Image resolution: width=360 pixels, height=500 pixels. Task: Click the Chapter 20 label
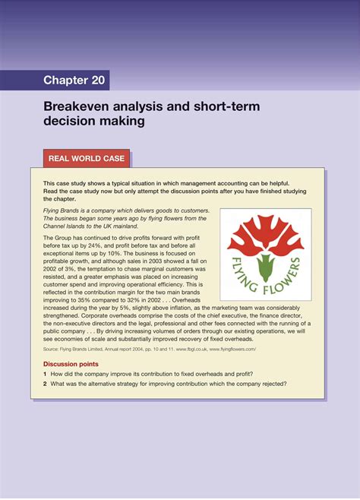tap(76, 81)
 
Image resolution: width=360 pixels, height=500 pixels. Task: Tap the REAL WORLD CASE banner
tap(87, 159)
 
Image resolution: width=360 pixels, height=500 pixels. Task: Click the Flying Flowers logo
tap(265, 254)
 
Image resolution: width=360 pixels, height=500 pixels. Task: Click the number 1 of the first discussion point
tap(46, 374)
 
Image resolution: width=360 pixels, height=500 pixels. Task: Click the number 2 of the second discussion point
tap(46, 384)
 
